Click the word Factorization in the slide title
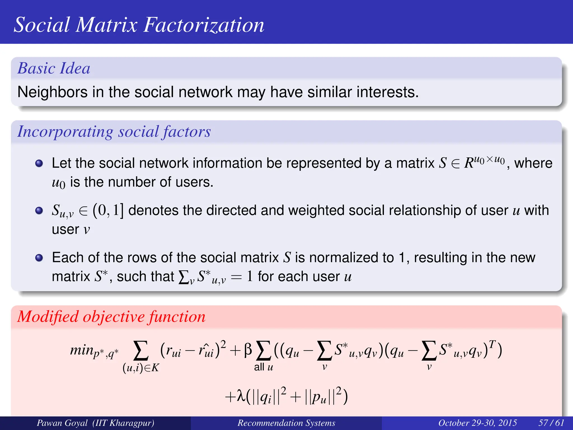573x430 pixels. click(x=204, y=25)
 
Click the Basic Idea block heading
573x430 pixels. click(x=54, y=68)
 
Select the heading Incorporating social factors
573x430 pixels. click(x=114, y=132)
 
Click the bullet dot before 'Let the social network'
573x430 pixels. click(x=39, y=163)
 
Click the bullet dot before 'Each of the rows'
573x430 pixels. click(x=39, y=258)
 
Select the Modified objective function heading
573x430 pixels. click(x=111, y=317)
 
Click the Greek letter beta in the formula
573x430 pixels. click(x=248, y=350)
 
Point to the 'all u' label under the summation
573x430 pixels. click(x=263, y=367)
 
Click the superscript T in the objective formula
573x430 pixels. click(x=492, y=343)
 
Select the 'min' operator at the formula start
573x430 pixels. click(x=81, y=350)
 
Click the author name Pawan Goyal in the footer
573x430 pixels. click(x=62, y=423)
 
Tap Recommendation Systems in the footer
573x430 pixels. click(x=286, y=423)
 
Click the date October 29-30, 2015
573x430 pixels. click(x=477, y=423)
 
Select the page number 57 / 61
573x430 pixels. click(x=551, y=423)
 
